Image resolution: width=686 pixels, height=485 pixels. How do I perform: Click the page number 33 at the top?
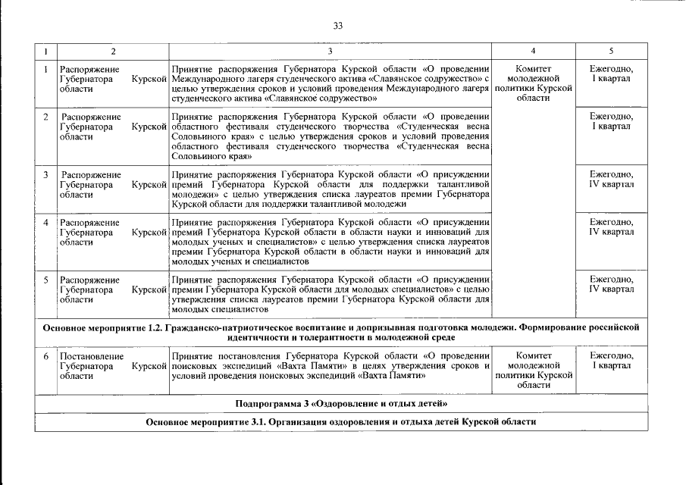click(338, 26)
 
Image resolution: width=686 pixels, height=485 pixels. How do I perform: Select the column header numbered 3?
click(330, 51)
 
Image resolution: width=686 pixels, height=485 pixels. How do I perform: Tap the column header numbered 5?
click(611, 51)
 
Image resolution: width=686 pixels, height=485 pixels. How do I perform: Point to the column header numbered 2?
click(113, 51)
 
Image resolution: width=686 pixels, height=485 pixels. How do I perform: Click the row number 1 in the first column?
click(46, 70)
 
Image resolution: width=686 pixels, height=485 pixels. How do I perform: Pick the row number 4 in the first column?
click(46, 223)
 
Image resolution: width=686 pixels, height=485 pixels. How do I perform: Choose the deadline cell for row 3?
click(611, 179)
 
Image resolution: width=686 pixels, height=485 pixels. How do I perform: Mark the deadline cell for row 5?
click(611, 284)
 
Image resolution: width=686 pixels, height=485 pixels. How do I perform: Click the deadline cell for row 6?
click(611, 361)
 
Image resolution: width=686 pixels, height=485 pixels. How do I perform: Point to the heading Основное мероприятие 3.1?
click(339, 421)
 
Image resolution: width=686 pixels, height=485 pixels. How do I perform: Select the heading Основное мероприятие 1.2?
click(339, 332)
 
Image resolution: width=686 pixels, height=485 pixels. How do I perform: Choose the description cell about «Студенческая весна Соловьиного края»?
click(330, 136)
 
